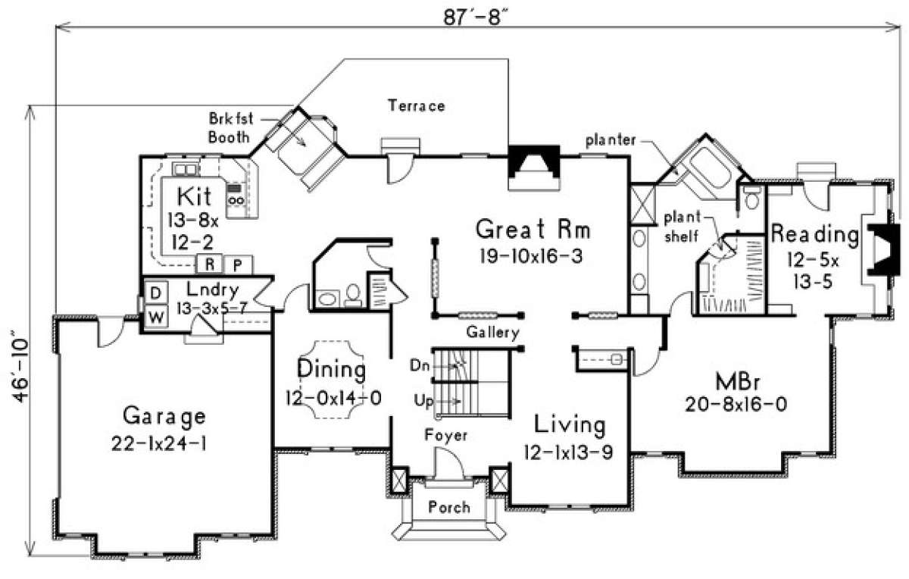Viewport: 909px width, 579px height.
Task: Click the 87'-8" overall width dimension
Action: (x=476, y=17)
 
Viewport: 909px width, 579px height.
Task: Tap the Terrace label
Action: (x=417, y=105)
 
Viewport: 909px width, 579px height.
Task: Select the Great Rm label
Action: (x=533, y=229)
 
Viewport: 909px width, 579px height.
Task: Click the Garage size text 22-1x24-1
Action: (x=158, y=443)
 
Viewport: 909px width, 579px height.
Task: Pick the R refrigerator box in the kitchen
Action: (x=209, y=264)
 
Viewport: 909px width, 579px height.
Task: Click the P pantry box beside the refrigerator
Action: (x=238, y=265)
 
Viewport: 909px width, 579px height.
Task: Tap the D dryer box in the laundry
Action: (x=155, y=293)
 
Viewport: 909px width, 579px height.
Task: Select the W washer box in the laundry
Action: (x=156, y=317)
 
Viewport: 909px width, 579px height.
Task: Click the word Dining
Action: (x=332, y=370)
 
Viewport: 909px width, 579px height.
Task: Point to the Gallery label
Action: (x=492, y=333)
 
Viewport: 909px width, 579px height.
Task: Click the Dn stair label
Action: (x=419, y=365)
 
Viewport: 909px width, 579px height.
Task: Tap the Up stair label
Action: (x=423, y=401)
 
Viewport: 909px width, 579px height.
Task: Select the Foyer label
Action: (x=446, y=435)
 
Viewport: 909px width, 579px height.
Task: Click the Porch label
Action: (x=449, y=507)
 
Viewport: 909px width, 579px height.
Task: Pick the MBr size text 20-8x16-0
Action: (x=736, y=404)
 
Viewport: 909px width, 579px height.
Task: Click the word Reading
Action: (x=815, y=234)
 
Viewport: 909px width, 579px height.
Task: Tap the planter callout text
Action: (x=611, y=140)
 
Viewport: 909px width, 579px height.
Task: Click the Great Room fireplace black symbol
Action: (x=533, y=161)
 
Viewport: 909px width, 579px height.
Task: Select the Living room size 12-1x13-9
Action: (x=568, y=452)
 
